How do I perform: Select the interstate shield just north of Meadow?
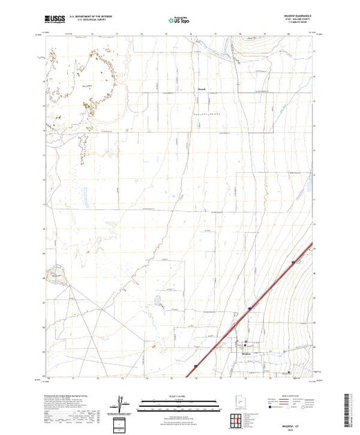(249, 309)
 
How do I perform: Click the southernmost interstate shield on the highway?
(196, 367)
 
